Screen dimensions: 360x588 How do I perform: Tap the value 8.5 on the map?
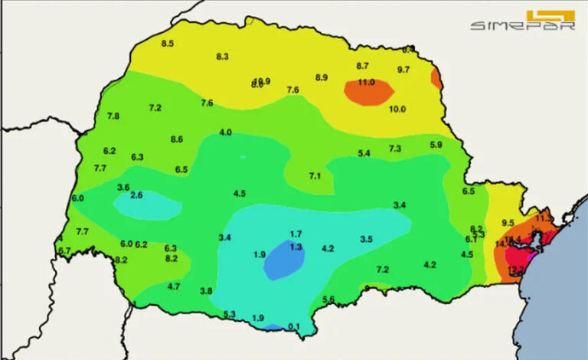point(167,44)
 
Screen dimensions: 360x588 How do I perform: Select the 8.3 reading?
point(223,57)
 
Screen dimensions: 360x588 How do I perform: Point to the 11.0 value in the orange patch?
point(366,82)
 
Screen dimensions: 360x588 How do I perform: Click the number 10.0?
point(397,110)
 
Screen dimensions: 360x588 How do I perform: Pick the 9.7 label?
point(403,70)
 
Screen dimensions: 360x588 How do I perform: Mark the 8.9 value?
point(322,77)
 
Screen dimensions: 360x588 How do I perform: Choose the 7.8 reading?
point(113,116)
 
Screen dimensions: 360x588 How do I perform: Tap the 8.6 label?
point(177,139)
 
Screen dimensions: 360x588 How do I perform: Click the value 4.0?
point(226,133)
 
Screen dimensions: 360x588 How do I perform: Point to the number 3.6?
point(122,188)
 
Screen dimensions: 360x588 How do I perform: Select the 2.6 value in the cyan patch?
point(137,196)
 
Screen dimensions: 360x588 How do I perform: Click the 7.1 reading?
point(315,176)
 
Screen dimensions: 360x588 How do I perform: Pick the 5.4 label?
point(364,154)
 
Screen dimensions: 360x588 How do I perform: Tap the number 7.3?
point(395,149)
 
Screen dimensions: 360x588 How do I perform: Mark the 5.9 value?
point(436,145)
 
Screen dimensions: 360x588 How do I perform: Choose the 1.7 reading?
point(296,234)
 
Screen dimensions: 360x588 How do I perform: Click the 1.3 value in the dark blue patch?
point(296,247)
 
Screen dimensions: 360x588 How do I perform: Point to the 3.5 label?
point(366,240)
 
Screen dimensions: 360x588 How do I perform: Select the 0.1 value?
point(294,326)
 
